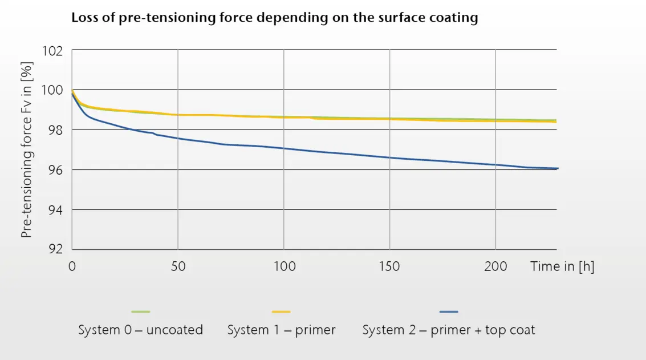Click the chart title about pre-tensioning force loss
[274, 18]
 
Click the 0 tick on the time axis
[72, 266]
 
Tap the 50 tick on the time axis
[178, 266]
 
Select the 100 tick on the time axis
[284, 266]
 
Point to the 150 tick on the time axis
[389, 266]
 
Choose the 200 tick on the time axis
[495, 266]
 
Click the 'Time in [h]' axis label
[562, 266]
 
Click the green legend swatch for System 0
[140, 312]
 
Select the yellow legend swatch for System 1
[281, 312]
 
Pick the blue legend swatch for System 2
[449, 312]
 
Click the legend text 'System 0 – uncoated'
[140, 330]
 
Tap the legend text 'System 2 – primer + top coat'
[449, 330]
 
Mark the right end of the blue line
[556, 168]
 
